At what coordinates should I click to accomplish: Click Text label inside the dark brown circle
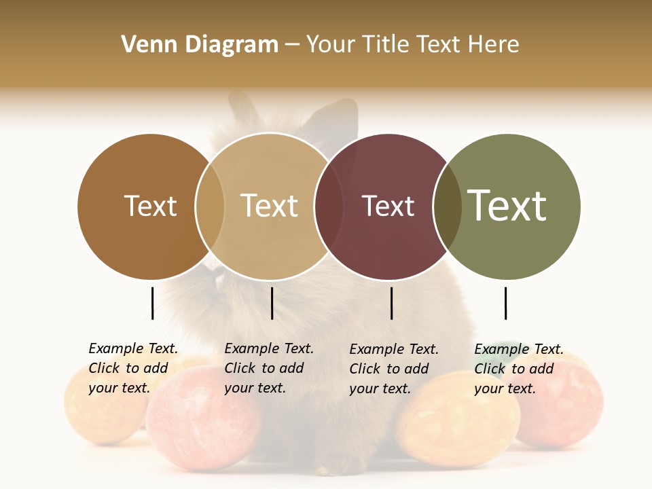tap(150, 206)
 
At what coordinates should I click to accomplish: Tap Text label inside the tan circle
tap(269, 206)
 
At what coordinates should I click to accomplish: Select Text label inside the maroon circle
tap(388, 206)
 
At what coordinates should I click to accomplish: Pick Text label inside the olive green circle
tap(507, 205)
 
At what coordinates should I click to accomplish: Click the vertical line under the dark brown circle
tap(152, 303)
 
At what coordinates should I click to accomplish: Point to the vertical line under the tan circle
tap(272, 303)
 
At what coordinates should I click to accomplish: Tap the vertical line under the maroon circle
tap(391, 303)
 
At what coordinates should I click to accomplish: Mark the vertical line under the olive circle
tap(505, 303)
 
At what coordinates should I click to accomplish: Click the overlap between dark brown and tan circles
tap(210, 206)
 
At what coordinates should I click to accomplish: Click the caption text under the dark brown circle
tap(132, 368)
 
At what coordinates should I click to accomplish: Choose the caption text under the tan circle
tap(268, 368)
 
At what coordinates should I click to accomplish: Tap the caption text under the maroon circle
tap(393, 369)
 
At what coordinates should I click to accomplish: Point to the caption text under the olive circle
tap(518, 369)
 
